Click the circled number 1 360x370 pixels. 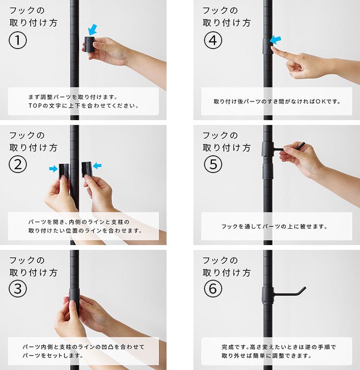[18, 41]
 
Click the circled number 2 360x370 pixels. [18, 165]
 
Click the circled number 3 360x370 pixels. [18, 289]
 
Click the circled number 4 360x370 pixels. [211, 41]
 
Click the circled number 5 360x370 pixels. [211, 165]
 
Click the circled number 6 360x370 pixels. [211, 289]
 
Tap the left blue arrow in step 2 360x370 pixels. [53, 169]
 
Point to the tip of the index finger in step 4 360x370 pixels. [273, 48]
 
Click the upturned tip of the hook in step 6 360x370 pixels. [302, 289]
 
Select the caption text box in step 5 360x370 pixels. [276, 226]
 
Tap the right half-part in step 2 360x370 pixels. [86, 170]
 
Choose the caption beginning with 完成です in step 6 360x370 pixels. [276, 351]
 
